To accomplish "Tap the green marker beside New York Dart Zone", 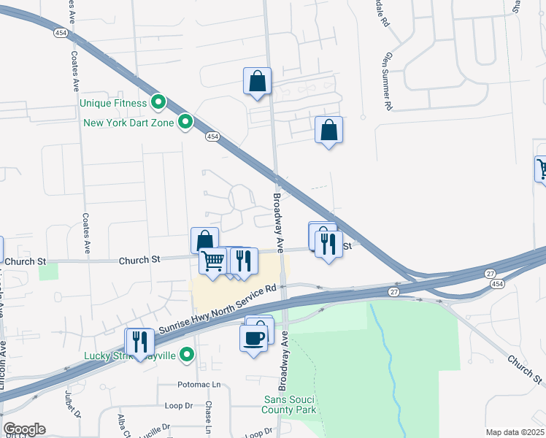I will [x=186, y=122].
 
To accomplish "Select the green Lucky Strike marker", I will [x=188, y=355].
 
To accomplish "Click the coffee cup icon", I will [x=254, y=338].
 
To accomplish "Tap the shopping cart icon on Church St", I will [x=212, y=260].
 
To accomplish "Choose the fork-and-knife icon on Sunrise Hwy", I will [x=139, y=341].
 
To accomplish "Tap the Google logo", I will [x=24, y=429].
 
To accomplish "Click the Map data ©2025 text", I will [x=515, y=432].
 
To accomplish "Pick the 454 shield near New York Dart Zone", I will [x=212, y=136].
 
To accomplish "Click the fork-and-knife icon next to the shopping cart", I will [x=244, y=260].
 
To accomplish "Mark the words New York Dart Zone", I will [x=128, y=123].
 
